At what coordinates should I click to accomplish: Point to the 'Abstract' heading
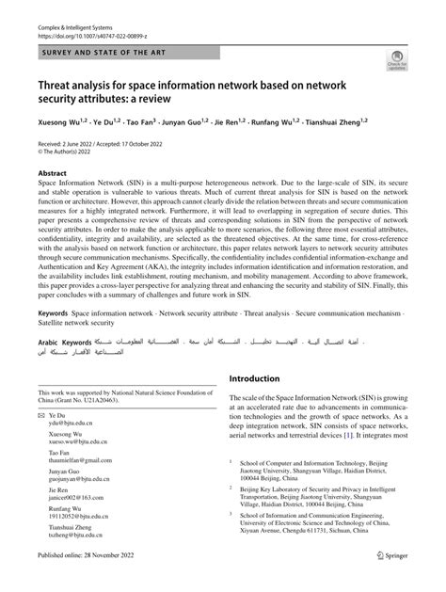[x=53, y=174]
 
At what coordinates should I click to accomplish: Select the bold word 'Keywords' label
[x=53, y=312]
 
